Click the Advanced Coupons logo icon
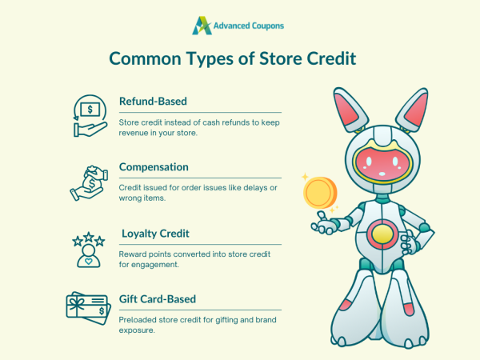202,25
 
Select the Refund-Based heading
153,102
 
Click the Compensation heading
154,167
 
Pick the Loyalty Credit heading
157,234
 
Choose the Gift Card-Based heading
158,299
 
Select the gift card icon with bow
87,309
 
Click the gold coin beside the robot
318,192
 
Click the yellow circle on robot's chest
384,235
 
